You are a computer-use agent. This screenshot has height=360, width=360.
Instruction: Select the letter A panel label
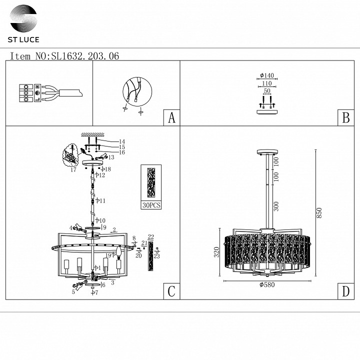171,118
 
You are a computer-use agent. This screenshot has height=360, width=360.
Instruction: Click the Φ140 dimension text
267,75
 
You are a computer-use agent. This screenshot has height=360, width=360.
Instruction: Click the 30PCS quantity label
150,205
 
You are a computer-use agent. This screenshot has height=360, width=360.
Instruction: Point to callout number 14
121,141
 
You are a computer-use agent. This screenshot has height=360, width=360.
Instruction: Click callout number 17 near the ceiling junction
73,170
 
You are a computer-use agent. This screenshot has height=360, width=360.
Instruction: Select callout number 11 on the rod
101,200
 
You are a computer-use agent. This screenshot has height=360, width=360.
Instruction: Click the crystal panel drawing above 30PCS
150,182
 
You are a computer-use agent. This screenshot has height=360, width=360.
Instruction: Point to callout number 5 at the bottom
73,291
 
